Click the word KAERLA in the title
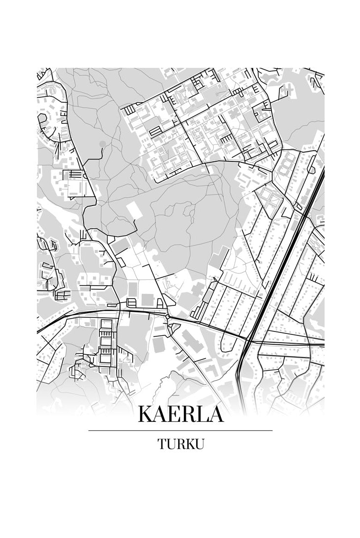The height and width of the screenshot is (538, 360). tap(180, 414)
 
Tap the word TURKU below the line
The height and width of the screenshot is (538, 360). tap(180, 444)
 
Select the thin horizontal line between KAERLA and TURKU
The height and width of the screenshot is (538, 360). tap(180, 430)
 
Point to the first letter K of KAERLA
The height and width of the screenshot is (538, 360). tap(146, 414)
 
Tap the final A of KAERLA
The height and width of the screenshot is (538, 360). tap(215, 414)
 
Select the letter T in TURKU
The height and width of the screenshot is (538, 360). tap(162, 444)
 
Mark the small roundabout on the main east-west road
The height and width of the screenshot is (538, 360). tap(168, 317)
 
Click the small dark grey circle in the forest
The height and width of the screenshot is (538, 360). tap(102, 144)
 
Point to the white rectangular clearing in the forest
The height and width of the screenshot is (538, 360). tap(133, 209)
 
